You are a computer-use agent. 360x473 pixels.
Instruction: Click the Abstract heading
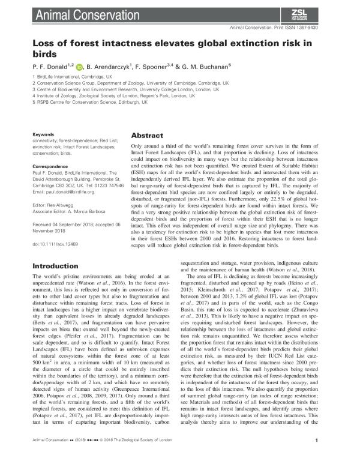coord(148,136)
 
